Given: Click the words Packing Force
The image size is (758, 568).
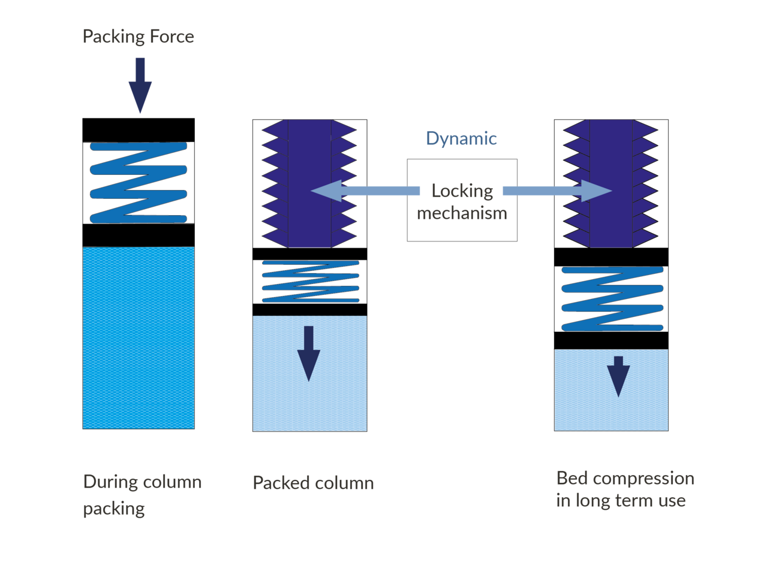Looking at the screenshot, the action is pos(138,37).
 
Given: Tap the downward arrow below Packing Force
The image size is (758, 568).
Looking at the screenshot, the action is pos(140,85).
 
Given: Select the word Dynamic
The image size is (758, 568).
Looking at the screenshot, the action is pos(461,138).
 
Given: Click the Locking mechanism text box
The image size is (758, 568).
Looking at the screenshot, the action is pos(462,200).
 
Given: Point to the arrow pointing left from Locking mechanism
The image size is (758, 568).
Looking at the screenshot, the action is pos(365,191).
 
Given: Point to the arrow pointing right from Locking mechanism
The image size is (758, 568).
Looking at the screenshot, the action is pos(557,191).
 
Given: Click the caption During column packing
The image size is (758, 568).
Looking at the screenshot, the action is pos(142,495).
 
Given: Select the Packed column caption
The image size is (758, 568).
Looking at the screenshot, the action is pos(313,483).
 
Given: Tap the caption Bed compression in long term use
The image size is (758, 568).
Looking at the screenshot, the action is pos(625,490).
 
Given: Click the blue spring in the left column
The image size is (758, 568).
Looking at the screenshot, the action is pos(139,183).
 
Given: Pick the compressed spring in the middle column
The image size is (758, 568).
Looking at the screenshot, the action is pos(311,282).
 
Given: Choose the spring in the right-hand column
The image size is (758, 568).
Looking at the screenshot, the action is pos(612,298).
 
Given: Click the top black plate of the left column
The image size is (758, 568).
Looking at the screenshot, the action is pos(139,130).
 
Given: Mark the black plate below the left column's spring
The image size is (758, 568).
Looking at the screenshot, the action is pos(139,235).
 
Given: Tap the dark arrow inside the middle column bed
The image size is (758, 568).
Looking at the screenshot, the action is pos(309,354).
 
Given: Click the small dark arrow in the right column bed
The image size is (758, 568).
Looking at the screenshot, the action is pos(618,377).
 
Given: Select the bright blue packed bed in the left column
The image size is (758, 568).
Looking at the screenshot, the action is pos(139,338).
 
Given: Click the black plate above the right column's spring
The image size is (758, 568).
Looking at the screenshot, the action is pos(611,257).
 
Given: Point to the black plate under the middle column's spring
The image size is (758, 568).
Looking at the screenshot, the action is pos(310,310).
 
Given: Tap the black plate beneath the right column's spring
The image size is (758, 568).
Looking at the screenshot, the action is pos(611,340).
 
